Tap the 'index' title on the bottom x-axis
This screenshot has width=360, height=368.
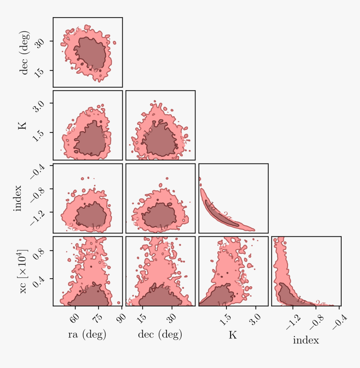tap(306, 340)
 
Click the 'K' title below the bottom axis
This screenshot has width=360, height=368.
tap(233, 335)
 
